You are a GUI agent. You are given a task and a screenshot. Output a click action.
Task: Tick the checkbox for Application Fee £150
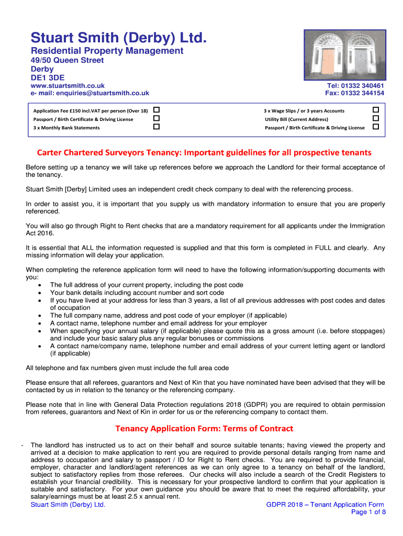pos(156,110)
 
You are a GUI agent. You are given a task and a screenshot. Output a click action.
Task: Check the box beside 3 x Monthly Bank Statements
pos(156,127)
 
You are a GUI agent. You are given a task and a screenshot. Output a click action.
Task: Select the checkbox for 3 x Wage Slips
pos(375,110)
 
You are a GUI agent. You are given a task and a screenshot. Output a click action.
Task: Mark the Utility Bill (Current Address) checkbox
pos(375,119)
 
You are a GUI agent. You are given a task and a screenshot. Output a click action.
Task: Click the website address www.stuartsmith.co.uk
pos(68,86)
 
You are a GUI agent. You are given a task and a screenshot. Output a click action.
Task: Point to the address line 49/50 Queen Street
pos(67,60)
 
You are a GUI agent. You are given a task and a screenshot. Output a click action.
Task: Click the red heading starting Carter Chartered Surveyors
pos(204,153)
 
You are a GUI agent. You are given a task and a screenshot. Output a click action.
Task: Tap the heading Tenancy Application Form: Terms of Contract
pos(204,429)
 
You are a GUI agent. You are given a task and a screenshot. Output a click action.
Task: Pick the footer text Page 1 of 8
pos(368,512)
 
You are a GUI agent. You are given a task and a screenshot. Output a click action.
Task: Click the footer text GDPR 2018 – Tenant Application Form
pos(325,505)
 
